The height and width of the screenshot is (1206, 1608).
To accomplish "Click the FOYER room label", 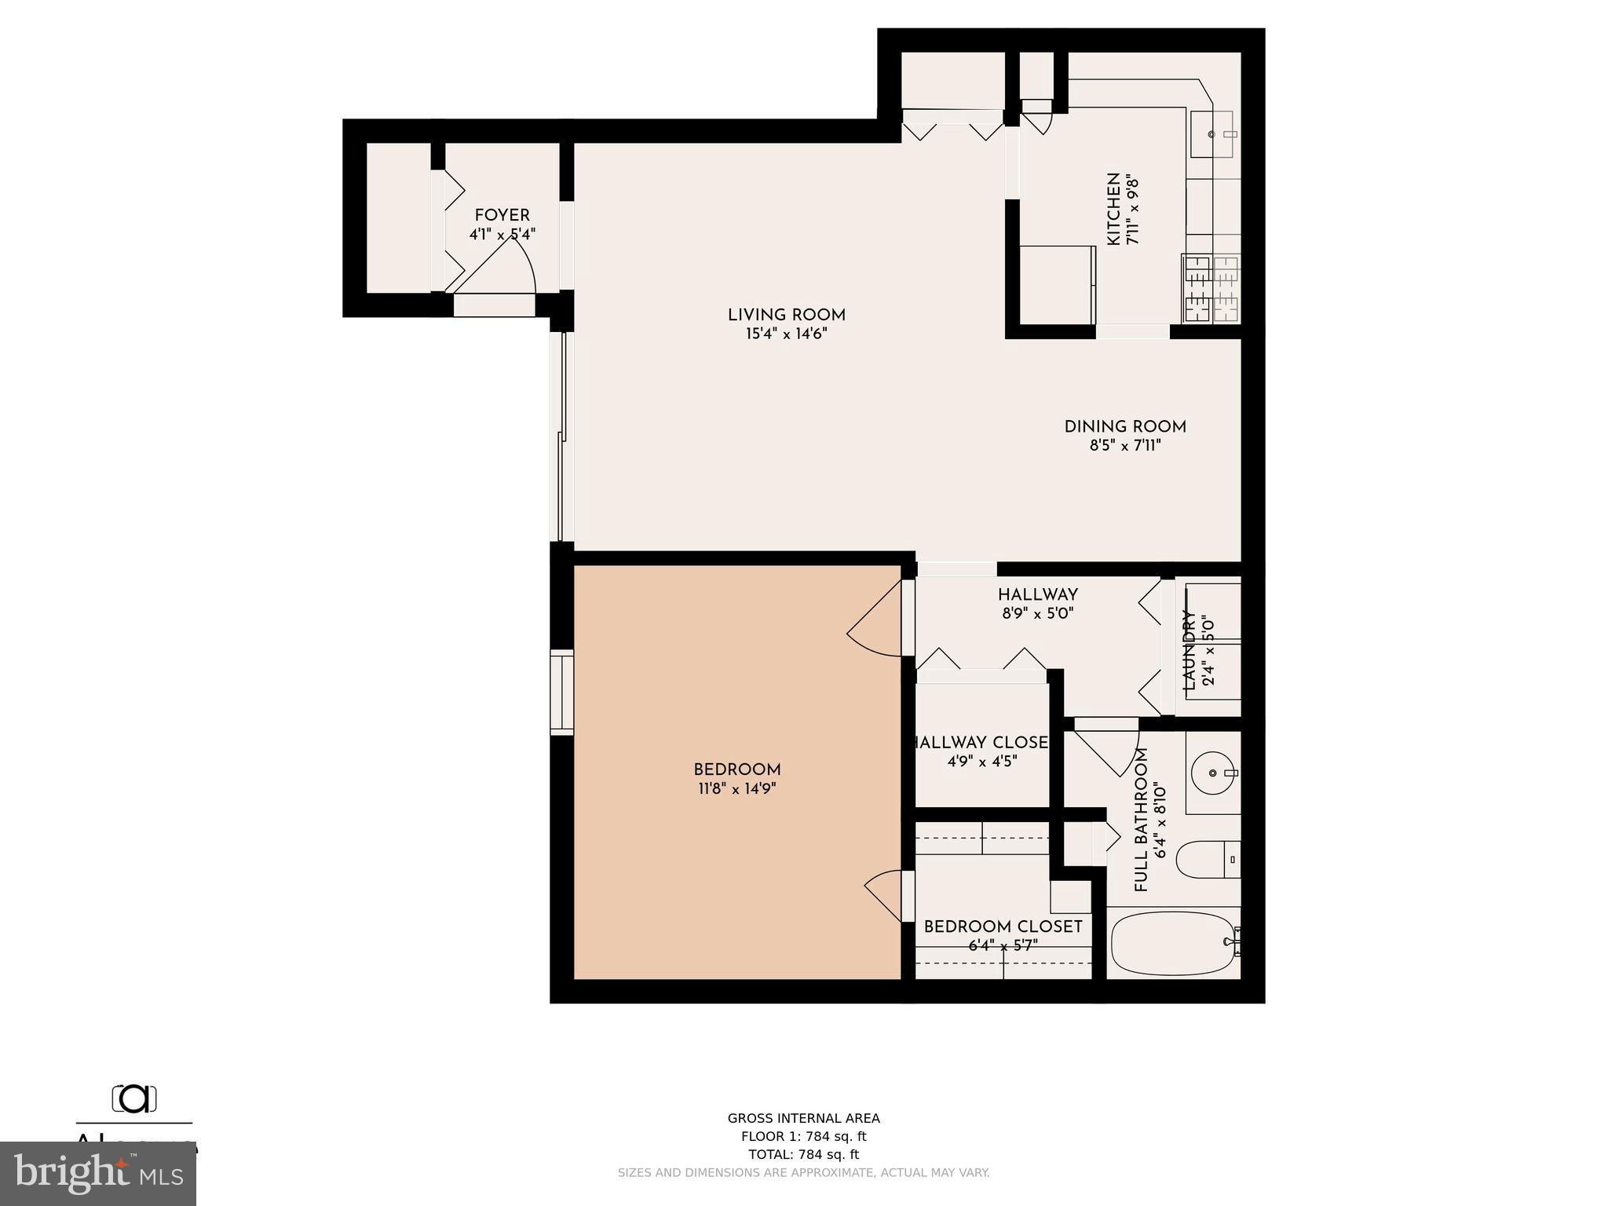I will [x=502, y=216].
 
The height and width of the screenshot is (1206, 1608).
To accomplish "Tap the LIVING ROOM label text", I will [x=786, y=316].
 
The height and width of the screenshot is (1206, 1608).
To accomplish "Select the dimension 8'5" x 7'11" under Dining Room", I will [x=1124, y=446].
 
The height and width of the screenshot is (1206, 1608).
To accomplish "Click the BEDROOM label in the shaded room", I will [x=736, y=770].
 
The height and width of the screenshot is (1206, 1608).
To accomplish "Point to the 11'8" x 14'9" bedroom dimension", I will [x=736, y=789].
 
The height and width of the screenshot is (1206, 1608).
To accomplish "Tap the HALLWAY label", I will [x=1037, y=595].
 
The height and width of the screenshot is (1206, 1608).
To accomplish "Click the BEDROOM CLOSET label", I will [x=1003, y=927].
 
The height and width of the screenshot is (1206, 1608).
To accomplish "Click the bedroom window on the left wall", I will [x=561, y=692].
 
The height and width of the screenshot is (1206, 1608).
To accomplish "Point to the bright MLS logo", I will [x=98, y=1175].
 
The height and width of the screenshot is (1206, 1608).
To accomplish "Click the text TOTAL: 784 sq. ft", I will [x=803, y=1154].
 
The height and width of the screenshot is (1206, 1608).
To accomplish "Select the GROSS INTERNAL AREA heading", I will [x=803, y=1118].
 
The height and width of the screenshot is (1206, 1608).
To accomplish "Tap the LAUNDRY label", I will [x=1189, y=649].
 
